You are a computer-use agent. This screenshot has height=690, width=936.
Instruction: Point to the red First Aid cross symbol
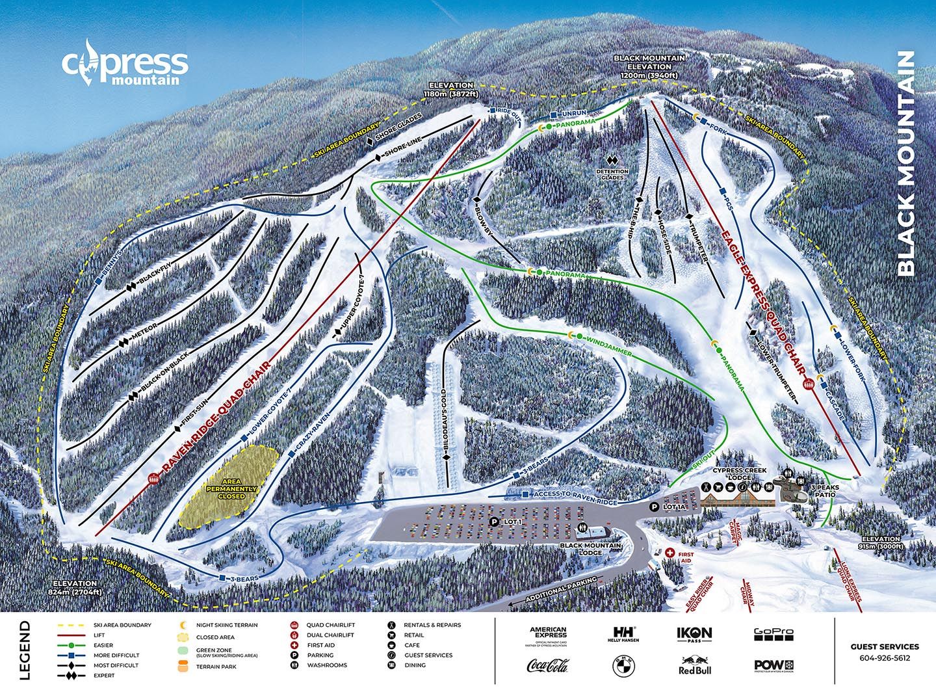(x=670, y=552)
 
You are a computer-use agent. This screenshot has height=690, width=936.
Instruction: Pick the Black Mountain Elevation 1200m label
(x=649, y=66)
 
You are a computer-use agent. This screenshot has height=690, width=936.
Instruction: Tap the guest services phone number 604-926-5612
(x=885, y=657)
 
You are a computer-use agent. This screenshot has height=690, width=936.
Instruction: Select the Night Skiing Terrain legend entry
(x=214, y=625)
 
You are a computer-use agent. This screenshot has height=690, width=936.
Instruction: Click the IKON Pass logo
(x=695, y=633)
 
